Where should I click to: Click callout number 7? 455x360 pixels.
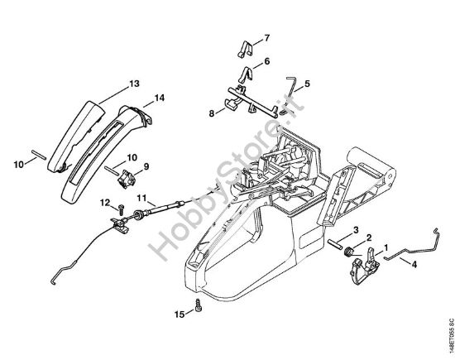point(266,38)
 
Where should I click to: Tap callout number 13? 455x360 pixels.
point(134,84)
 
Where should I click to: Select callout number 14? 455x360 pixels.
point(160,98)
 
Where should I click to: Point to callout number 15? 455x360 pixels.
point(180,314)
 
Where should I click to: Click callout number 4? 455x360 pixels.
point(414,265)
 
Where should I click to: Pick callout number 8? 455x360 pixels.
point(212,113)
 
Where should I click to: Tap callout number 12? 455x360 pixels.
point(105,203)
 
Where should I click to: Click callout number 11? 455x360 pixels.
point(142,199)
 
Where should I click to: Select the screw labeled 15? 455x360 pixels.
point(199,305)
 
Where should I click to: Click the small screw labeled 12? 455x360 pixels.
point(121,208)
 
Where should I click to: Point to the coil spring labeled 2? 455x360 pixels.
point(348,251)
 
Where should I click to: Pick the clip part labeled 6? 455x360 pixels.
point(246,74)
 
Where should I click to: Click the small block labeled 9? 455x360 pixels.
point(127,180)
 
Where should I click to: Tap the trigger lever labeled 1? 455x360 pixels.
point(366,266)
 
